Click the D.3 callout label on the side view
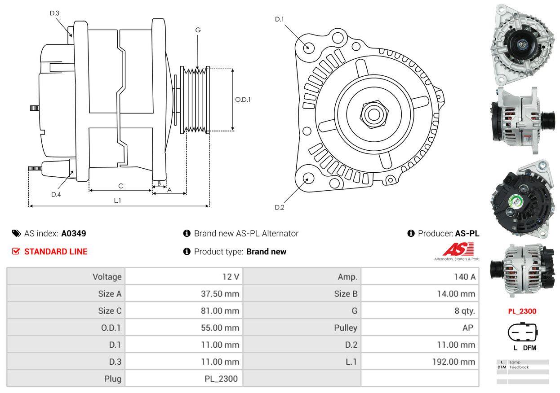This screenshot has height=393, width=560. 54,13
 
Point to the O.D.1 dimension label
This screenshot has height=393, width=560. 243,99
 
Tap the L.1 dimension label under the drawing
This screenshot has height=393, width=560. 117,201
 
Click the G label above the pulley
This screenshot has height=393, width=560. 198,30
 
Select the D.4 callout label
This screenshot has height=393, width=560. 56,194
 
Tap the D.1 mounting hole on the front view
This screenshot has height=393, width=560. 308,47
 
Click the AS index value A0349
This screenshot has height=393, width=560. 74,233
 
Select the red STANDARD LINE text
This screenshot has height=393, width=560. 56,252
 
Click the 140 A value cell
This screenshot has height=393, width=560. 465,277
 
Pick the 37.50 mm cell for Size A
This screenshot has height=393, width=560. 220,294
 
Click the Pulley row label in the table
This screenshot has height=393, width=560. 346,327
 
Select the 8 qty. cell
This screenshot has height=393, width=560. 465,310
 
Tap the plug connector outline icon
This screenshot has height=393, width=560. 522,332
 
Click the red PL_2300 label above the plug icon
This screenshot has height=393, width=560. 522,311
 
